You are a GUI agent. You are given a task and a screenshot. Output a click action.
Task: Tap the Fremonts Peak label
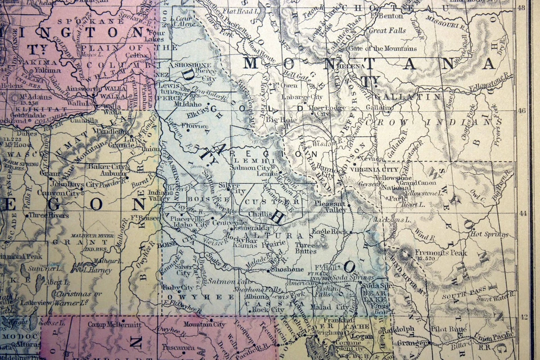tap(442, 254)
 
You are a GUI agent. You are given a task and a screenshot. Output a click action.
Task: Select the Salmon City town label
tap(256, 168)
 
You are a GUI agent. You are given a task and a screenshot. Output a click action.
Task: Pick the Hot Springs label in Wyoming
tap(488, 234)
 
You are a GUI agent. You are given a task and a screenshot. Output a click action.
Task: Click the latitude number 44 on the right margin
tap(521, 213)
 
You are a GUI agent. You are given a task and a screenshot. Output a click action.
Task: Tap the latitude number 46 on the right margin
tap(521, 111)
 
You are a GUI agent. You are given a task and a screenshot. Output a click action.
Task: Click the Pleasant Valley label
tap(331, 206)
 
